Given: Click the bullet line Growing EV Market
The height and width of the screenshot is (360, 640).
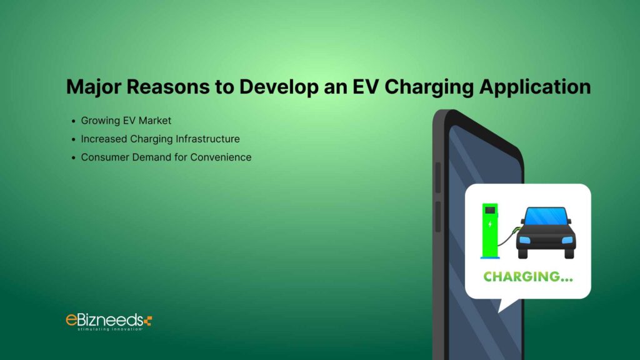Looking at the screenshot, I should pos(126,120).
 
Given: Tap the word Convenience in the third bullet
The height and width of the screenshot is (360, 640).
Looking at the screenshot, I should pos(221,157).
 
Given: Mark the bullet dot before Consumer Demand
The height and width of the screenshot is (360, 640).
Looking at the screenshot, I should pos(74,157).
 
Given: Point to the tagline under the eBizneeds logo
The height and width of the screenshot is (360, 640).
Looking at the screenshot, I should pos(110,329).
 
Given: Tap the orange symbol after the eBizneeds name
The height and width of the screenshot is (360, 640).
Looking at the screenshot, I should pos(147,321).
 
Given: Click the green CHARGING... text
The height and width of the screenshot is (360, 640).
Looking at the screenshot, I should pos(527,276).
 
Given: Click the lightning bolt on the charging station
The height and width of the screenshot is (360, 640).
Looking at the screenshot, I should pos(490,223).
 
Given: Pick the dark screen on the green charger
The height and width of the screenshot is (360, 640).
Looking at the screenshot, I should pos(490,209).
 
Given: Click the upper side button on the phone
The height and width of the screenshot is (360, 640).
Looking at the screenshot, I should pos(437,178).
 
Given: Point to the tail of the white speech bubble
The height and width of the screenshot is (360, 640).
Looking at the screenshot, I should pos(504,306).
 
